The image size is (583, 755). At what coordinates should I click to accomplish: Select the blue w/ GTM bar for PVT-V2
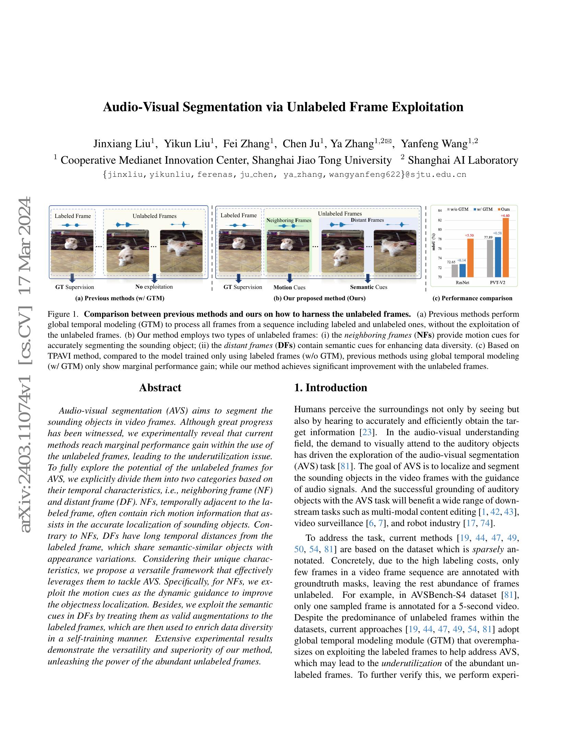498,257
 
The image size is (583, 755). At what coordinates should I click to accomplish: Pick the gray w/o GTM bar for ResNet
454,271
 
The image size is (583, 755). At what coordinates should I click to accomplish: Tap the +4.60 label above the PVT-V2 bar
505,216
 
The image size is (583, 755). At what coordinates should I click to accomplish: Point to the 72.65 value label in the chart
451,262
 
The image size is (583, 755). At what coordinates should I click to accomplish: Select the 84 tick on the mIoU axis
440,210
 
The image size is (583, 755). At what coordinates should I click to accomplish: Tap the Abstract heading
160,387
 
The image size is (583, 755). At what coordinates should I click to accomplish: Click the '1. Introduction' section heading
331,387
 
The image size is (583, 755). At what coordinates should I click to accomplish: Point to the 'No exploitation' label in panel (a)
154,287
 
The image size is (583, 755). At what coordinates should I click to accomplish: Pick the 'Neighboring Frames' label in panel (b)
289,220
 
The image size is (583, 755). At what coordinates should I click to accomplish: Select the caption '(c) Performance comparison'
472,298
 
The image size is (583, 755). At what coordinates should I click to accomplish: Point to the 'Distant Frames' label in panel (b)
367,220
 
